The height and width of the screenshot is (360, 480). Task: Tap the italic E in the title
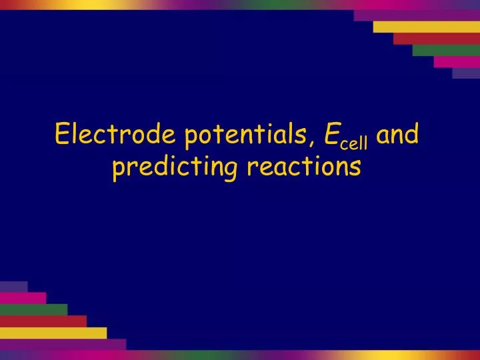330,135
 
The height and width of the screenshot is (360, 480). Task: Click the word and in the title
399,135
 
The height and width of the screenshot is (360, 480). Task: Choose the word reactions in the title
304,167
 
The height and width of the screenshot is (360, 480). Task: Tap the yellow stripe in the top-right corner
426,27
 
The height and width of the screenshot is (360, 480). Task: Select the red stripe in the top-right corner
436,38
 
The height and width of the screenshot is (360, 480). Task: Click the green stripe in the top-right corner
445,50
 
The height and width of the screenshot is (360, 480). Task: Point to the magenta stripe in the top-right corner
456,61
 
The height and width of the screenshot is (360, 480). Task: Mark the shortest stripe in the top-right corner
466,73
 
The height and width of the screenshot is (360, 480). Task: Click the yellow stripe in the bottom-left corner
53,333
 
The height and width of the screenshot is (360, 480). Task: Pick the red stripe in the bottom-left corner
43,321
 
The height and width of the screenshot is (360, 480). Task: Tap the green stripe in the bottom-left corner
33,309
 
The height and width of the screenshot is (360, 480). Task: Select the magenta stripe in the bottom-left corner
23,298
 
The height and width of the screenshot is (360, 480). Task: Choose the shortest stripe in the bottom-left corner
13,287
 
